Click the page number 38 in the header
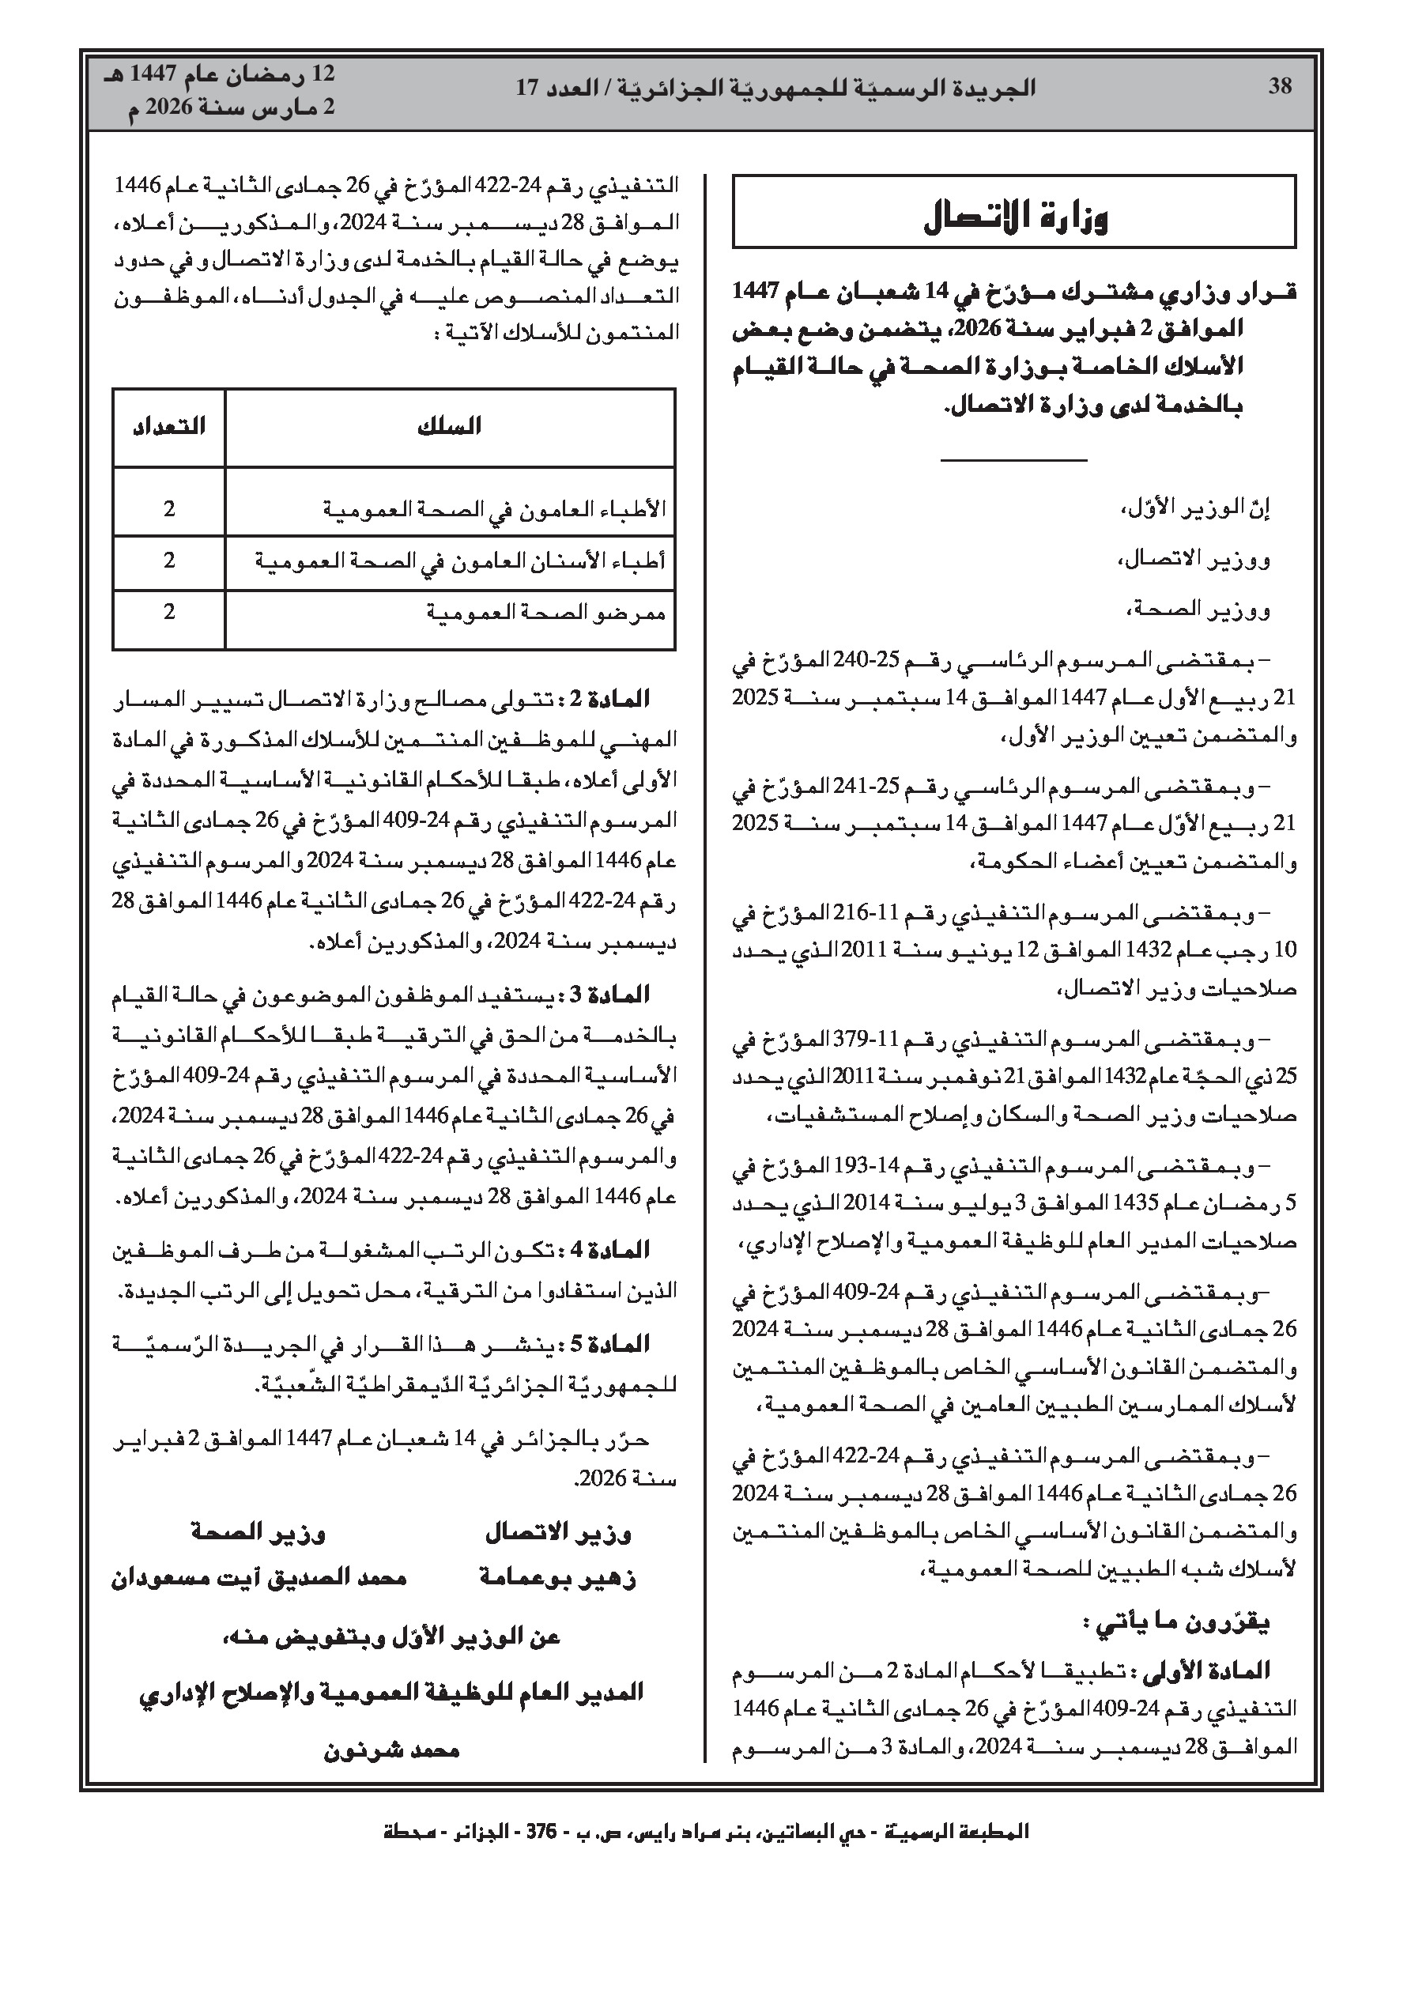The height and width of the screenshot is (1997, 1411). point(1280,87)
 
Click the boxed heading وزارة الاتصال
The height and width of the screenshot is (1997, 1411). point(1014,216)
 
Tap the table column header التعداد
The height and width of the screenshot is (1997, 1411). point(168,426)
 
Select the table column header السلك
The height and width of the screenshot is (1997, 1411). point(449,426)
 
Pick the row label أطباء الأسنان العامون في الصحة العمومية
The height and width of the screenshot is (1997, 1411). point(459,561)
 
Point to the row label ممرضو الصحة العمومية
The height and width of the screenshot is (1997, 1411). point(545,613)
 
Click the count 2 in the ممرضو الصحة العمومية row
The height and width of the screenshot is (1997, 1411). point(168,613)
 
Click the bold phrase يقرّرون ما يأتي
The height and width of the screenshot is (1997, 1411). point(1176,1622)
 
